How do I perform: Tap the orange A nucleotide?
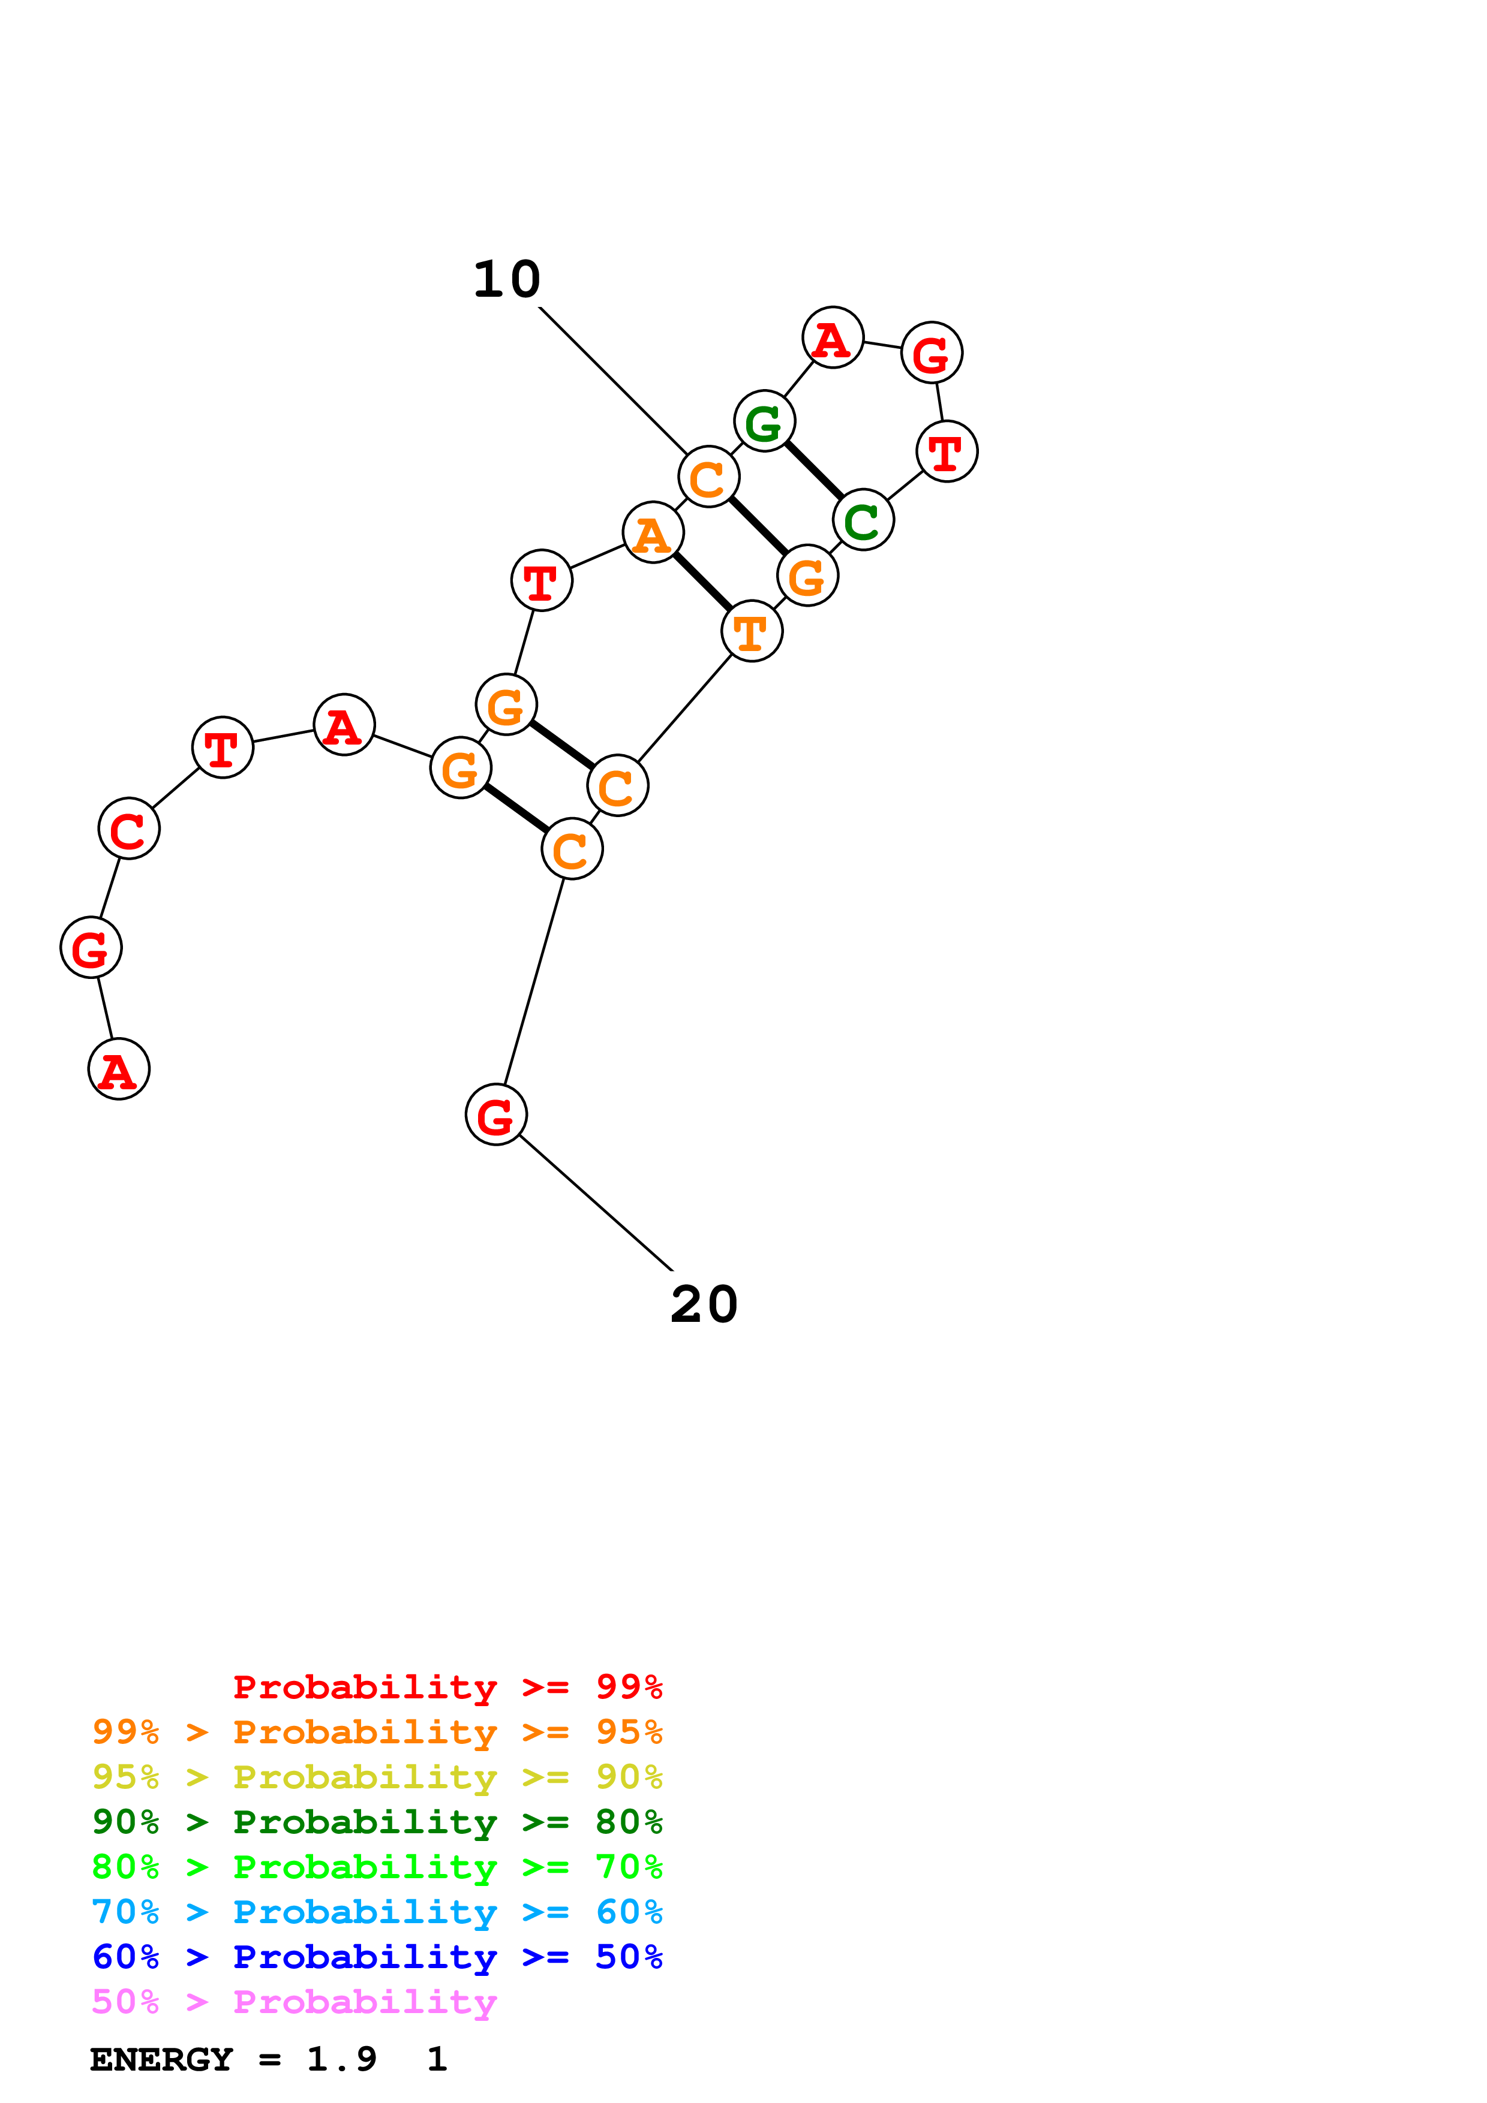(653, 533)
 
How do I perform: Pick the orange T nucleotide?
(751, 631)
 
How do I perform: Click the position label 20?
(704, 1304)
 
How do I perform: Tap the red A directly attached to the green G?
(832, 338)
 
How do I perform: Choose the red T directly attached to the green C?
(947, 451)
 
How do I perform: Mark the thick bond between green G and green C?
(813, 471)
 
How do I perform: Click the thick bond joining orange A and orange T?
(702, 582)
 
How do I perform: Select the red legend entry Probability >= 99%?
(447, 1686)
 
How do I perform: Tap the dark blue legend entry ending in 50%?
(377, 1957)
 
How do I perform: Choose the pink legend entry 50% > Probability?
(294, 2002)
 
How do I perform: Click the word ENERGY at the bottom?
(161, 2060)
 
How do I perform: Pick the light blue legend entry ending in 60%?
(377, 1912)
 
